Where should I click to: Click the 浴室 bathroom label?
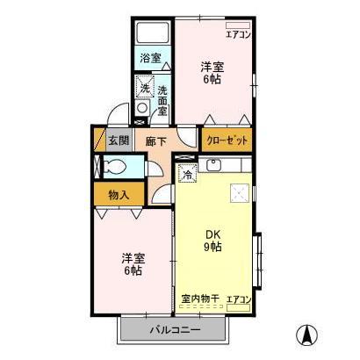[x=150, y=59]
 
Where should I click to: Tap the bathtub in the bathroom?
[x=153, y=35]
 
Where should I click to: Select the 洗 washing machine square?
[x=145, y=88]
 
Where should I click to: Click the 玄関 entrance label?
[x=119, y=140]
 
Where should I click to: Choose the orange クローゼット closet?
[x=227, y=140]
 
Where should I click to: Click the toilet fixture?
[x=112, y=167]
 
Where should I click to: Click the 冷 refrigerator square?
[x=187, y=173]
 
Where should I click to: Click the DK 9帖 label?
[x=213, y=241]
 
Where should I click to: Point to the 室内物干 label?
[x=199, y=299]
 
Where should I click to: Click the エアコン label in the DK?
[x=239, y=299]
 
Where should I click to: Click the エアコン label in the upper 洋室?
[x=239, y=34]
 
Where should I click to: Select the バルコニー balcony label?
[x=174, y=330]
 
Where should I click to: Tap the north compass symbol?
[x=309, y=335]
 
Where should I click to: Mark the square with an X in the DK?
[x=238, y=194]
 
